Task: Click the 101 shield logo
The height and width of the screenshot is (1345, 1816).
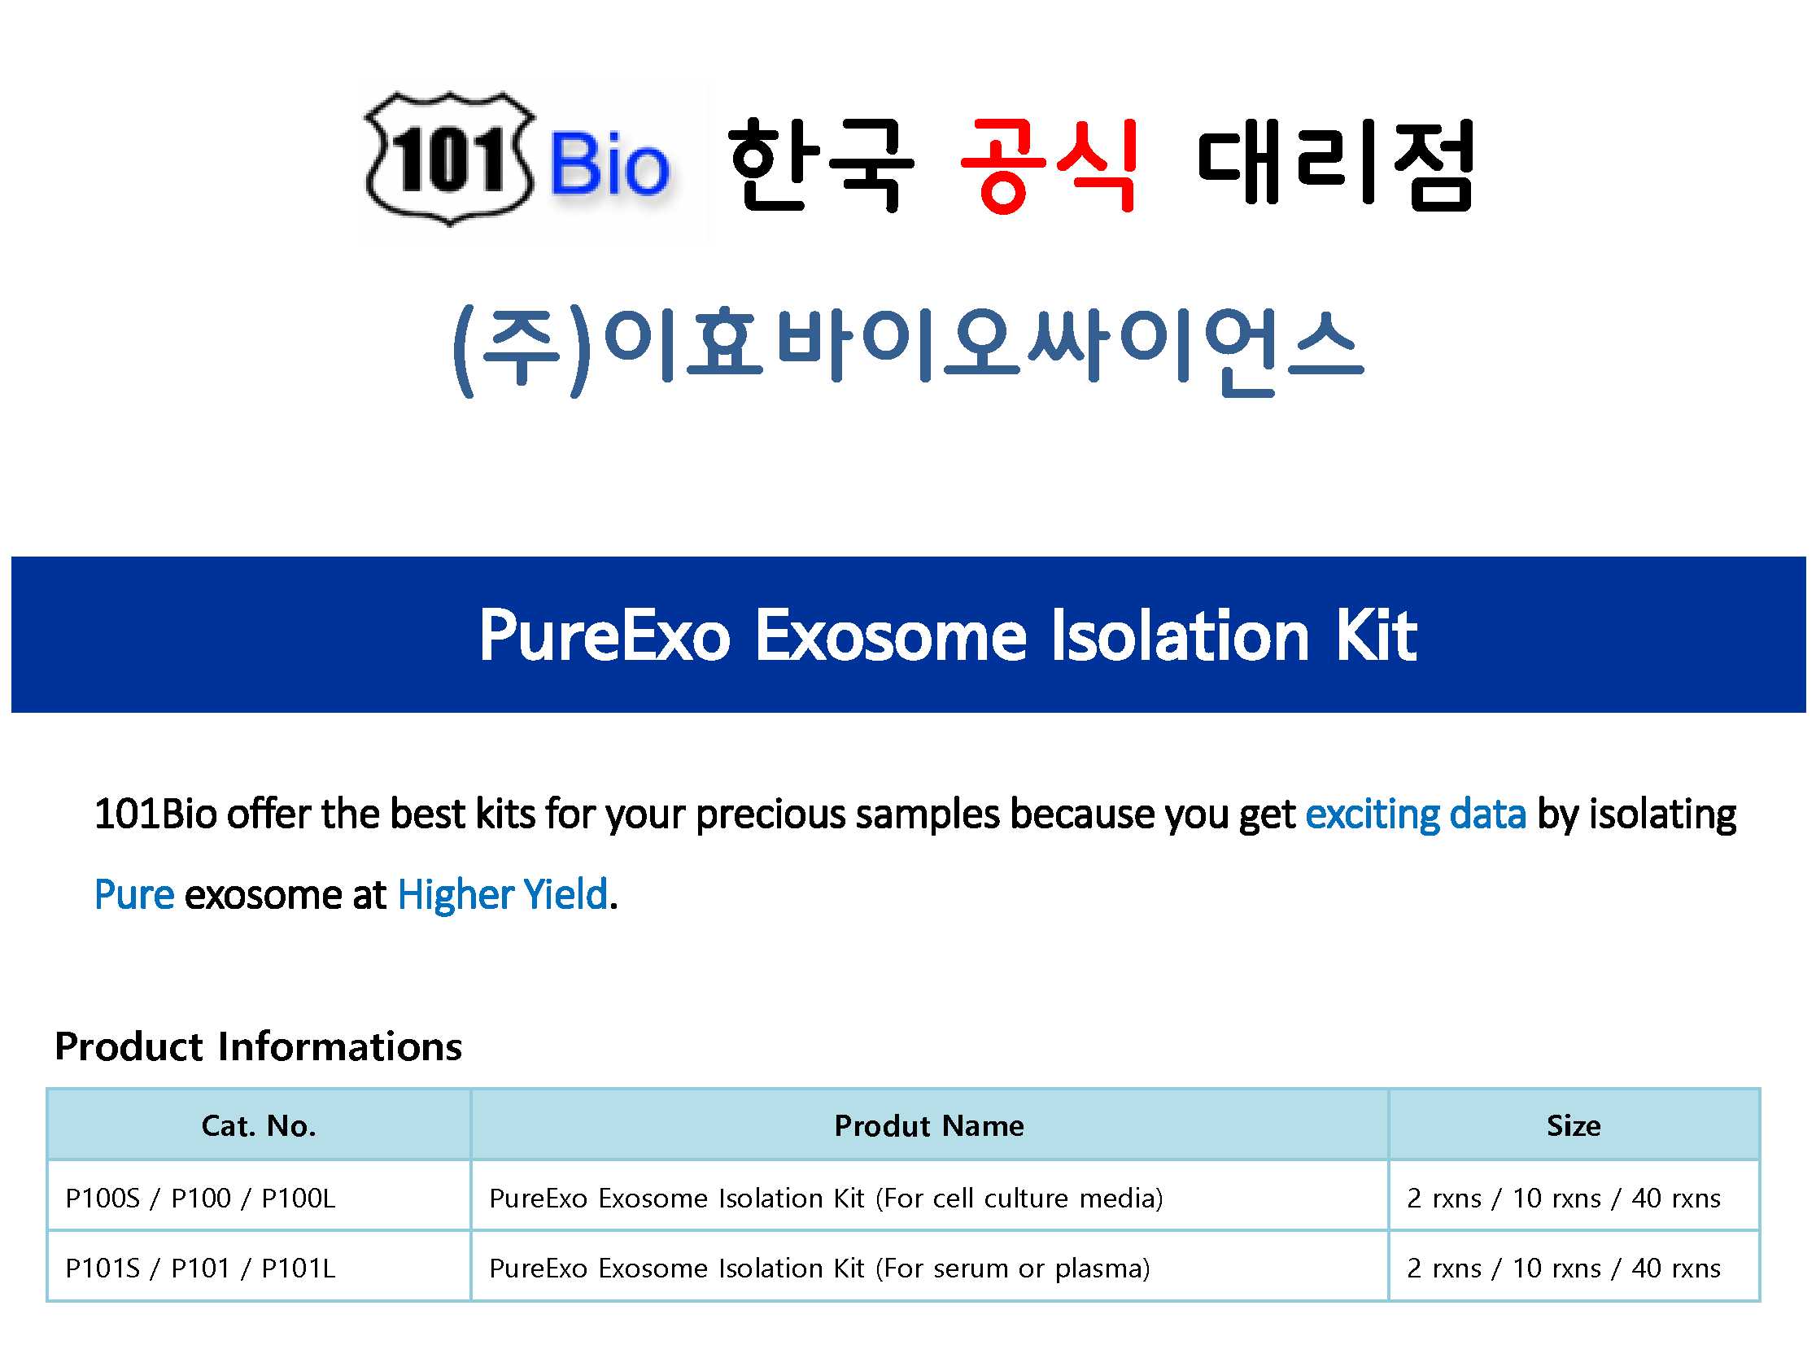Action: [x=449, y=158]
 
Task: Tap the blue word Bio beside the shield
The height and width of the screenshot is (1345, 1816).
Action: [x=609, y=164]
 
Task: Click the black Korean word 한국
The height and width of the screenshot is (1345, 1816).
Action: [x=821, y=164]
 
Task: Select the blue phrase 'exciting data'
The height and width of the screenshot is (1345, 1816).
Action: [x=1416, y=814]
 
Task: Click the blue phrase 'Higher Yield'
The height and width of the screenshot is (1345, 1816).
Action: [x=503, y=894]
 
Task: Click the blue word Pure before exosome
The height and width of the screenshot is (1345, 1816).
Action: [x=134, y=894]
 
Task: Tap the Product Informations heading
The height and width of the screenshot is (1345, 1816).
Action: [x=258, y=1046]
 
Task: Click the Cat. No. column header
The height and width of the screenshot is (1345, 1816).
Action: [x=259, y=1125]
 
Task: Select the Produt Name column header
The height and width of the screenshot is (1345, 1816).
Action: [x=929, y=1125]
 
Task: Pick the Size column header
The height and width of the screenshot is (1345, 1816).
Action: [x=1574, y=1125]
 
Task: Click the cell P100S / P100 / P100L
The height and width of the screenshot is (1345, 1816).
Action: [x=200, y=1198]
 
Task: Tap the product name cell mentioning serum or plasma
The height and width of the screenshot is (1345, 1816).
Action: [x=819, y=1268]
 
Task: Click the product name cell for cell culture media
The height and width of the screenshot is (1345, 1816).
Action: [x=826, y=1198]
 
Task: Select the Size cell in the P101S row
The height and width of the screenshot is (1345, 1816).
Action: [x=1564, y=1268]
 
